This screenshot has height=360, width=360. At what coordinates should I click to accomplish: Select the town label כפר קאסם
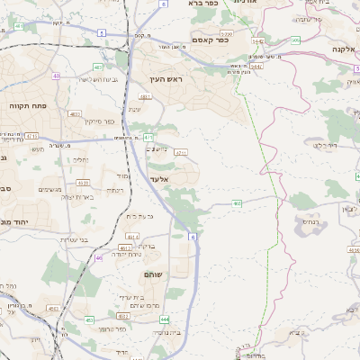[x=211, y=40]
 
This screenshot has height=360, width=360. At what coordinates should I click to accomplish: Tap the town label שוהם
[x=152, y=274]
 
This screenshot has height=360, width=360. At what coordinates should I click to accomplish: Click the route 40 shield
[x=56, y=76]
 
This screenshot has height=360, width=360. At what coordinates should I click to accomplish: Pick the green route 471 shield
[x=148, y=138]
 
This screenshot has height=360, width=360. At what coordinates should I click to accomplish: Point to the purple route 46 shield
[x=99, y=258]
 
